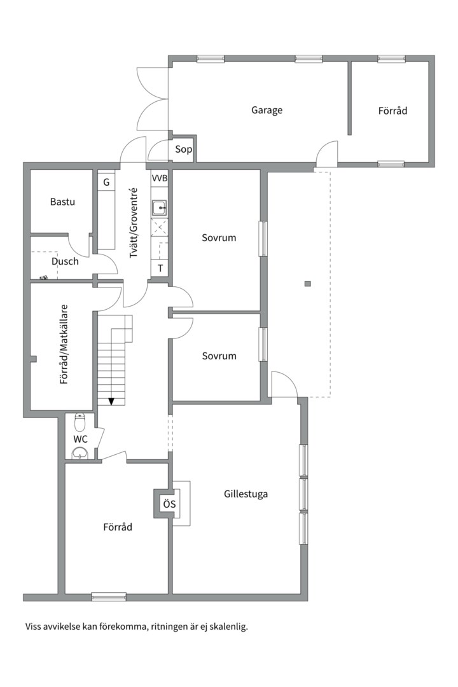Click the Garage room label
pyautogui.click(x=267, y=110)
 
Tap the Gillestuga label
pyautogui.click(x=246, y=494)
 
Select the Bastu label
pyautogui.click(x=62, y=202)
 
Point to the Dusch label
pyautogui.click(x=65, y=261)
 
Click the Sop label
pyautogui.click(x=183, y=149)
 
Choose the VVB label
pyautogui.click(x=160, y=178)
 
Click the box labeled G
pyautogui.click(x=106, y=182)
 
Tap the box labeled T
pyautogui.click(x=160, y=268)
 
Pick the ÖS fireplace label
pyautogui.click(x=169, y=504)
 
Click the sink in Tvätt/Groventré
pyautogui.click(x=160, y=207)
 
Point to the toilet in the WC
pyautogui.click(x=80, y=422)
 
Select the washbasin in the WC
pyautogui.click(x=80, y=453)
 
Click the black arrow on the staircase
pyautogui.click(x=111, y=401)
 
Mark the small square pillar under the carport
pyautogui.click(x=308, y=284)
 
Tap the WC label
pyautogui.click(x=80, y=439)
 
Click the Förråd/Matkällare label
pyautogui.click(x=64, y=344)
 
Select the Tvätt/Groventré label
pyautogui.click(x=134, y=223)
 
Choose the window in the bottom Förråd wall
pyautogui.click(x=109, y=597)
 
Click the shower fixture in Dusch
pyautogui.click(x=43, y=278)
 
